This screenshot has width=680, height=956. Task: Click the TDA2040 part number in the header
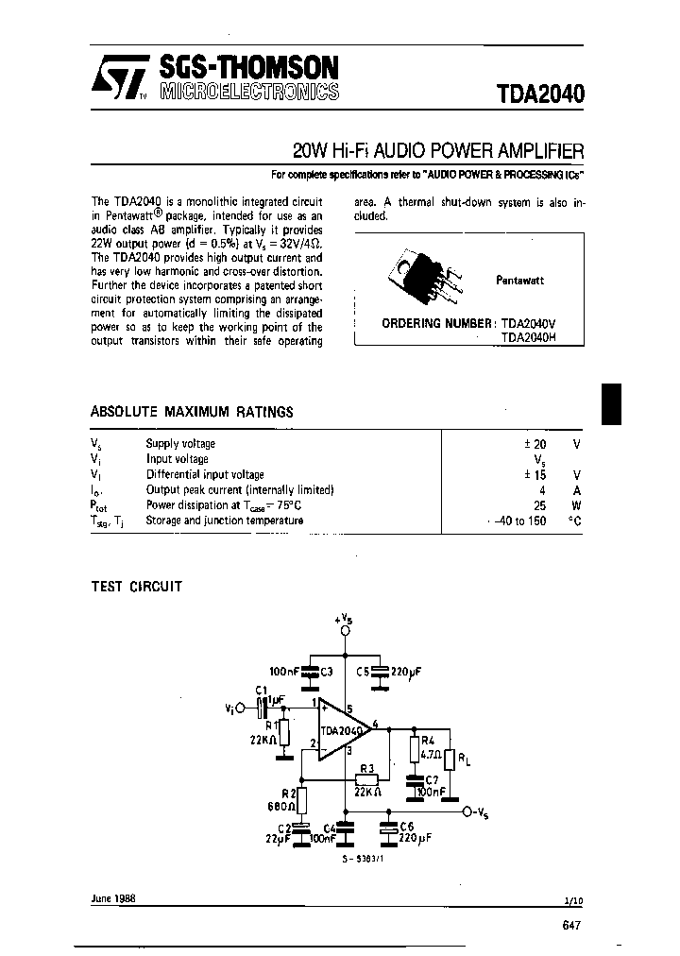tap(539, 94)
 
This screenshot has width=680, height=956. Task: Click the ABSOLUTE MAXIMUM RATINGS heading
tap(191, 412)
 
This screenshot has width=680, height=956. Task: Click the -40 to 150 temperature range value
tap(517, 521)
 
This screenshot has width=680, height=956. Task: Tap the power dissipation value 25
tap(539, 505)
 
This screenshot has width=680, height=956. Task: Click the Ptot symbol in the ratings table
tap(100, 505)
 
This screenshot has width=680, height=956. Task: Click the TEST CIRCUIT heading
tap(136, 587)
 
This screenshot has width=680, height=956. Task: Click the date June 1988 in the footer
tap(113, 899)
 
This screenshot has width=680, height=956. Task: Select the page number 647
tap(570, 927)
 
